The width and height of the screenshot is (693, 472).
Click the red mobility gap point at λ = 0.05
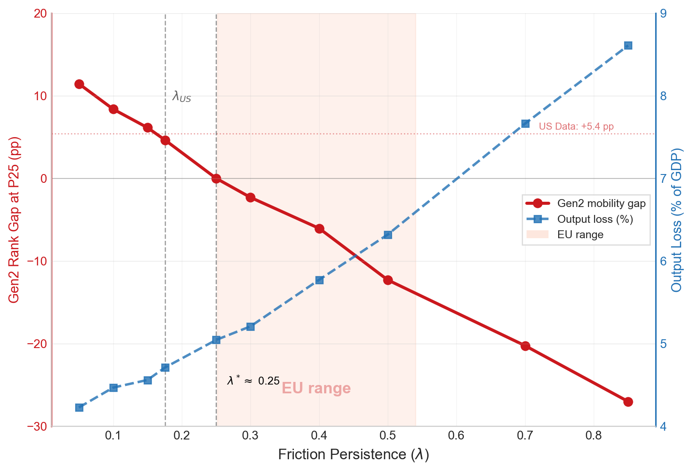[79, 84]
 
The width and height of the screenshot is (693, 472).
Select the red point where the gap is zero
[216, 178]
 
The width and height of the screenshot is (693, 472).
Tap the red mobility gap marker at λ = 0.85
[628, 402]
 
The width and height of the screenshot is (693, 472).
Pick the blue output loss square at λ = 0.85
[628, 46]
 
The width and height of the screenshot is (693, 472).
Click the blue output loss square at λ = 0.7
[525, 124]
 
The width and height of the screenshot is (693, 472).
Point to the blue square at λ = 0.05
[79, 407]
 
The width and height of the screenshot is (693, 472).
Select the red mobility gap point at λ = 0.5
[388, 280]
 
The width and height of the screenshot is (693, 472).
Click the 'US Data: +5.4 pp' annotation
[576, 127]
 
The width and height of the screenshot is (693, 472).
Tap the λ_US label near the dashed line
[181, 97]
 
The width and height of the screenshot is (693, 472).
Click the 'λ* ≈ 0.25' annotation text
[253, 381]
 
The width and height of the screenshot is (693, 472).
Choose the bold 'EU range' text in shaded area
[316, 388]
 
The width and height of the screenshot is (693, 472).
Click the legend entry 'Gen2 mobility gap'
[601, 203]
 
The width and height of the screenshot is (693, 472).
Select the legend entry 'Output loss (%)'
[595, 219]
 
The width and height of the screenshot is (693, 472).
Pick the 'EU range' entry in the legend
[580, 235]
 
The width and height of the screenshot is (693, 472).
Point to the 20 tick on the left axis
[40, 14]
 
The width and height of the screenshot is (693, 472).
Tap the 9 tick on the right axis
[664, 14]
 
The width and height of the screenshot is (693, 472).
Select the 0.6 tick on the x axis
[456, 436]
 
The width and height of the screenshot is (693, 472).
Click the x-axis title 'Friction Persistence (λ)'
[354, 454]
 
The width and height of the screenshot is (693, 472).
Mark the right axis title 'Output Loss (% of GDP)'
[677, 220]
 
